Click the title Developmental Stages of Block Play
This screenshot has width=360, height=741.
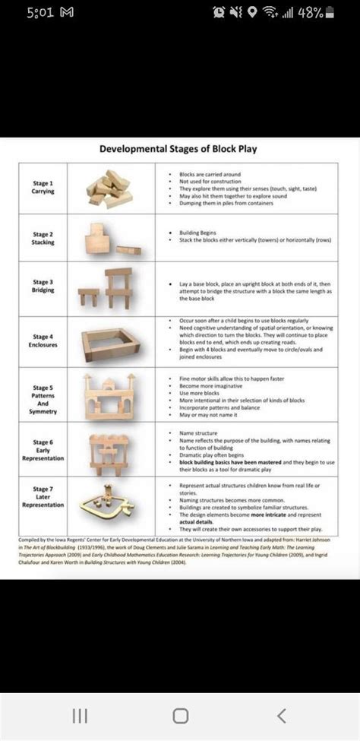click(178, 149)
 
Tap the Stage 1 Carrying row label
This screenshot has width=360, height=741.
click(43, 187)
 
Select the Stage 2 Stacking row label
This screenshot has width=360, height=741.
click(43, 239)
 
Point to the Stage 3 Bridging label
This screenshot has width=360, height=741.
click(43, 286)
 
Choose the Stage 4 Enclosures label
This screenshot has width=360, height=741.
click(43, 340)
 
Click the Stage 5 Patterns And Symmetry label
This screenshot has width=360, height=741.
click(43, 395)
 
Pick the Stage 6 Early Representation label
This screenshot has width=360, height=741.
click(43, 449)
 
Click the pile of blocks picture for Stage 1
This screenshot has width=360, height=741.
click(109, 188)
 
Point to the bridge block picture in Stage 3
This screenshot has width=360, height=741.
click(109, 288)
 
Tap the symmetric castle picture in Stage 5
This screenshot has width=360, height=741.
click(109, 396)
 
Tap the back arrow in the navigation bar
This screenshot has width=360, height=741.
click(282, 715)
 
